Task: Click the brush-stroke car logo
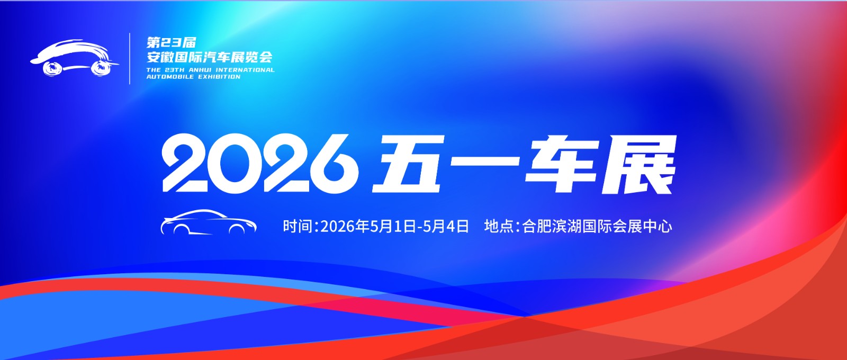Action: [74, 58]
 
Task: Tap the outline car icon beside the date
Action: [209, 222]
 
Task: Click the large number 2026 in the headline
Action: [259, 164]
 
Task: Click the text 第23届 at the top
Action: [172, 42]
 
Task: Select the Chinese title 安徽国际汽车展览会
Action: [210, 57]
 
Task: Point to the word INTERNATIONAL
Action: [245, 70]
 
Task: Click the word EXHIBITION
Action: [219, 77]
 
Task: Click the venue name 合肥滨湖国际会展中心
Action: [597, 226]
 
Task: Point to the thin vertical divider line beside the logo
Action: [130, 59]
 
